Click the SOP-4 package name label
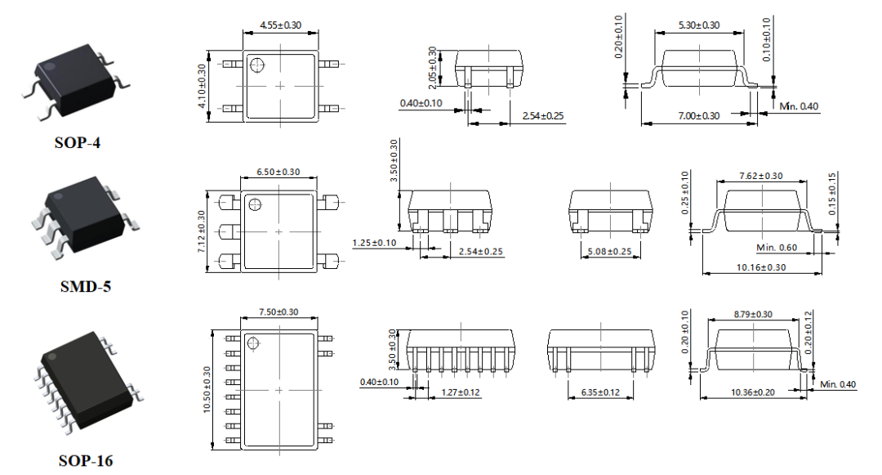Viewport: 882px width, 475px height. [77, 143]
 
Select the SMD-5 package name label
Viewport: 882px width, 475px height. [86, 287]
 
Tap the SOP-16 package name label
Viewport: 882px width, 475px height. [86, 461]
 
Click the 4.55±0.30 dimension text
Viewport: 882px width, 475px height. [280, 25]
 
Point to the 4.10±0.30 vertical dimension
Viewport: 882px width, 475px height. [202, 86]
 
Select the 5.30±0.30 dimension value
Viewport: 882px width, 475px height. [698, 25]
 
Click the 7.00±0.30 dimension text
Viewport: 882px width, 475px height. [698, 116]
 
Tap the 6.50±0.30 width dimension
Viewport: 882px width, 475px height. [278, 173]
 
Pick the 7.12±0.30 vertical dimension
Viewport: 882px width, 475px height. [202, 231]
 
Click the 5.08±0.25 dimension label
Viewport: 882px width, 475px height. [610, 252]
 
